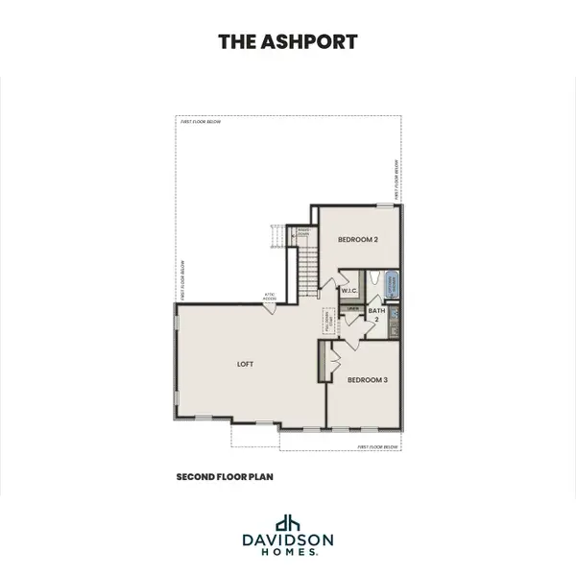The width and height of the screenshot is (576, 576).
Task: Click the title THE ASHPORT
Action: click(x=287, y=41)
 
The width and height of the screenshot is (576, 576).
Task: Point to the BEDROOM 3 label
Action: click(x=367, y=379)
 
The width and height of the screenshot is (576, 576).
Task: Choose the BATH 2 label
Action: click(x=377, y=314)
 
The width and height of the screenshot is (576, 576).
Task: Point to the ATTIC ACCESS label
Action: click(x=271, y=298)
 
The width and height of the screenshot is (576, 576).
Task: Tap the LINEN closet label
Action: click(x=353, y=308)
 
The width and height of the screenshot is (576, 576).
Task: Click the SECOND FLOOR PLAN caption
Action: click(x=226, y=476)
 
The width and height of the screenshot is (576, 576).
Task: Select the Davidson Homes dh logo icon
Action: click(x=287, y=524)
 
